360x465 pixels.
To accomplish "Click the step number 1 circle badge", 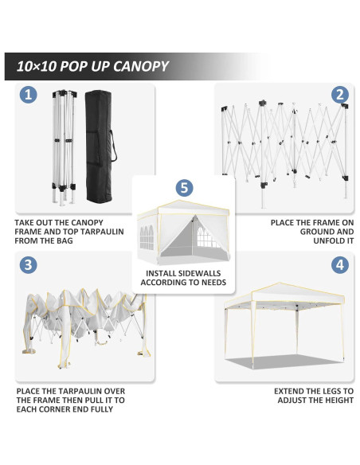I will tap(29, 95).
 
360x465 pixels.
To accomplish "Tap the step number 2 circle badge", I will tap(340, 95).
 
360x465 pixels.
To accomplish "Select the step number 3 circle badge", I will tap(29, 265).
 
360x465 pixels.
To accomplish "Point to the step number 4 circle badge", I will tap(340, 265).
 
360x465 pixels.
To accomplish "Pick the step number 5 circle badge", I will tap(185, 188).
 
